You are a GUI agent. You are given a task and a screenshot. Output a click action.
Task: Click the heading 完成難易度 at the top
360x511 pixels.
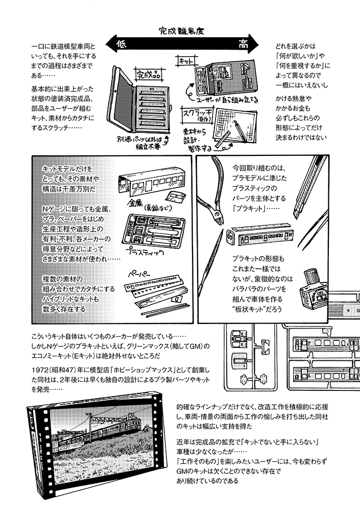(x=181, y=31)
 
